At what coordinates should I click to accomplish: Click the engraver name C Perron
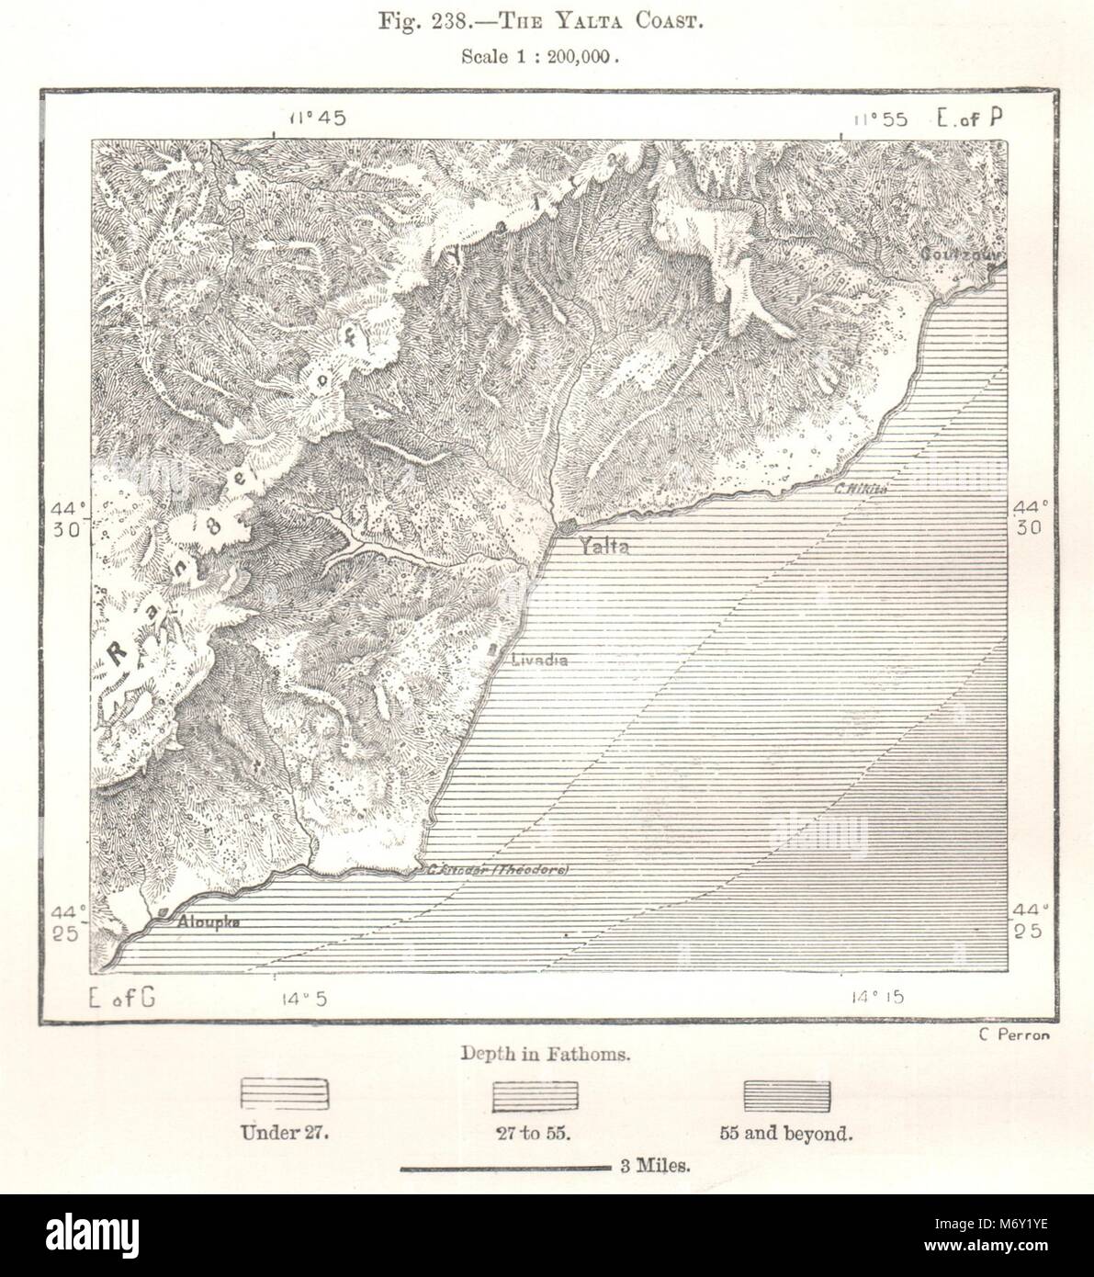(1013, 1034)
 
